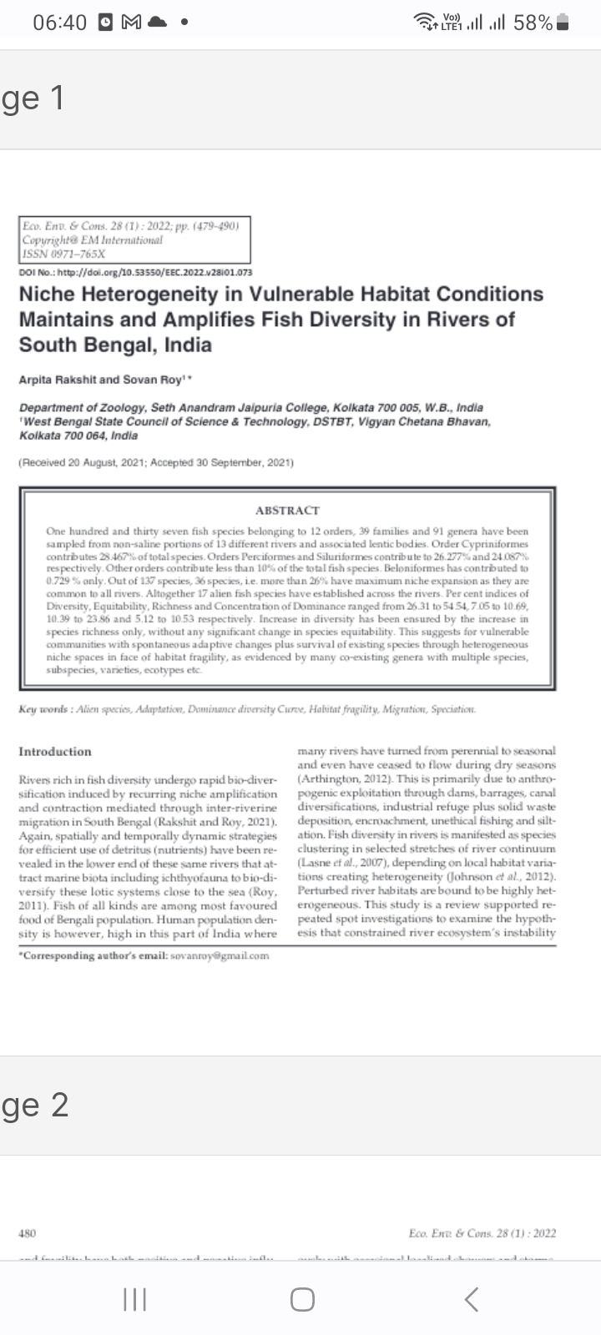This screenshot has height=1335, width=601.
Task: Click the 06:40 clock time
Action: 59,23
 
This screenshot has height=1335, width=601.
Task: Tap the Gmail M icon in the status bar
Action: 130,23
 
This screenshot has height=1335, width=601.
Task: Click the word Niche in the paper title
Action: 46,294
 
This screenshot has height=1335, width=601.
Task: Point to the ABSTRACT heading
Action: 287,510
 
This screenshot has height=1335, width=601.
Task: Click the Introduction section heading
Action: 55,751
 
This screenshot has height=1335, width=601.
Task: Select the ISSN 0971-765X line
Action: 64,253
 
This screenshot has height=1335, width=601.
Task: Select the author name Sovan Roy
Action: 154,380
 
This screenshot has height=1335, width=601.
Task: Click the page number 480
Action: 27,1232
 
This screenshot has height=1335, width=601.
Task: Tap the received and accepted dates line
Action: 156,462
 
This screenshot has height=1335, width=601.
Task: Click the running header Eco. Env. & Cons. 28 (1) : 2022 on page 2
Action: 482,1232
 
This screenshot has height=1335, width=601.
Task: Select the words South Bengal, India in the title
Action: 115,345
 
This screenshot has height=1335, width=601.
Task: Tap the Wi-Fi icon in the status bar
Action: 427,23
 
